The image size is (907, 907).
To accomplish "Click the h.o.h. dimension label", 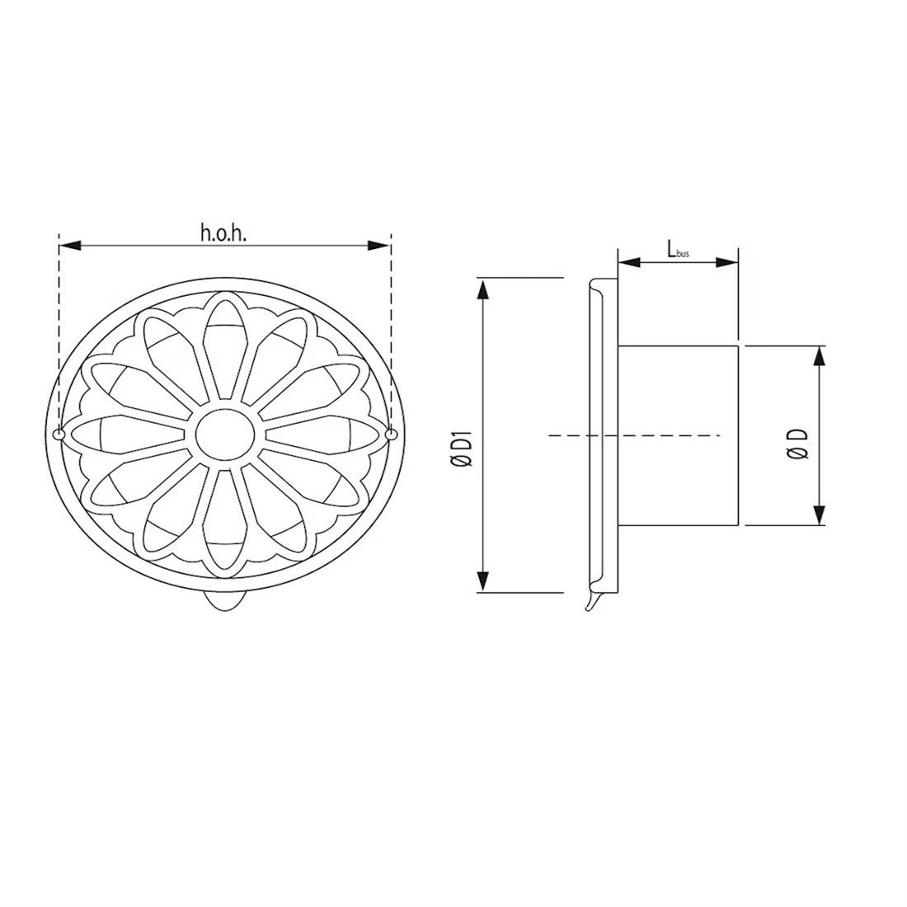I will click(224, 233).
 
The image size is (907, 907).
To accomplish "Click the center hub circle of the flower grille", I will click(224, 431).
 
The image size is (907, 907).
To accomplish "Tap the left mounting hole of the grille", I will click(59, 434).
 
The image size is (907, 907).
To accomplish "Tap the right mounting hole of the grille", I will click(391, 434).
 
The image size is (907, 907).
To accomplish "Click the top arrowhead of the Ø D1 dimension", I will click(484, 289).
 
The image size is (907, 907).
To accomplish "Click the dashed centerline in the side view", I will click(635, 435).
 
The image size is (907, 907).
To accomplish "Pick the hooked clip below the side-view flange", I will click(590, 602).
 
